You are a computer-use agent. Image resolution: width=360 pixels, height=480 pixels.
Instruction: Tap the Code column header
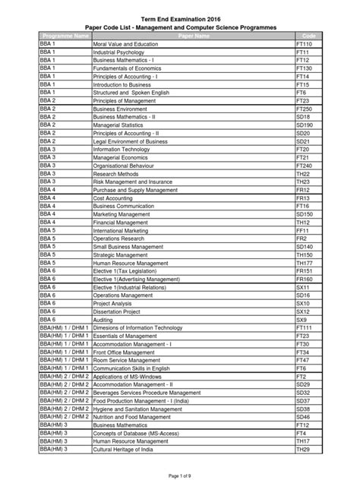(x=308, y=36)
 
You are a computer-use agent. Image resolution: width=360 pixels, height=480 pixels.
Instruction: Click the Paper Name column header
(x=192, y=36)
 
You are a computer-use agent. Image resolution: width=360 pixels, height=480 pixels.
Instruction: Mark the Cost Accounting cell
(x=114, y=197)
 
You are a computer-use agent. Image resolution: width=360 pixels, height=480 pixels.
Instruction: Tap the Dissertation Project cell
(x=117, y=311)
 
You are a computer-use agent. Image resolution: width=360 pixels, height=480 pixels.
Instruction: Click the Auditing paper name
(x=106, y=320)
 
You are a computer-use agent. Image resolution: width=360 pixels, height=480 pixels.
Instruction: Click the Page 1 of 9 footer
(x=179, y=473)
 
